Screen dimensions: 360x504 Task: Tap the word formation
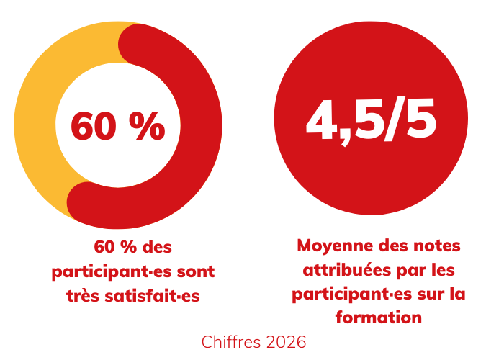[x=378, y=317]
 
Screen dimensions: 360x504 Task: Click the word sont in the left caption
[x=196, y=272]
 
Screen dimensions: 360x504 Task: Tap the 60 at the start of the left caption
[x=104, y=247]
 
